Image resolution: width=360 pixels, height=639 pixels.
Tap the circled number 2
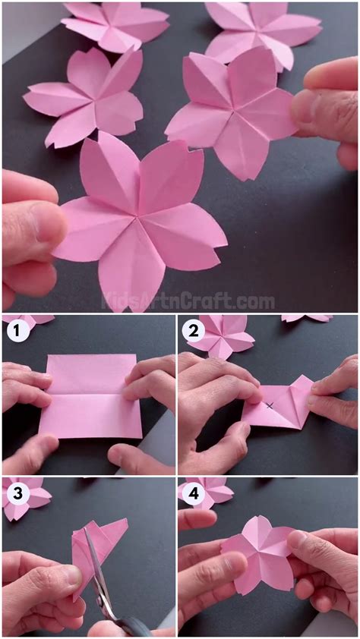[x=193, y=331]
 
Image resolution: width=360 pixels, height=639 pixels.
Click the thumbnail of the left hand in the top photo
[x=47, y=222]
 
